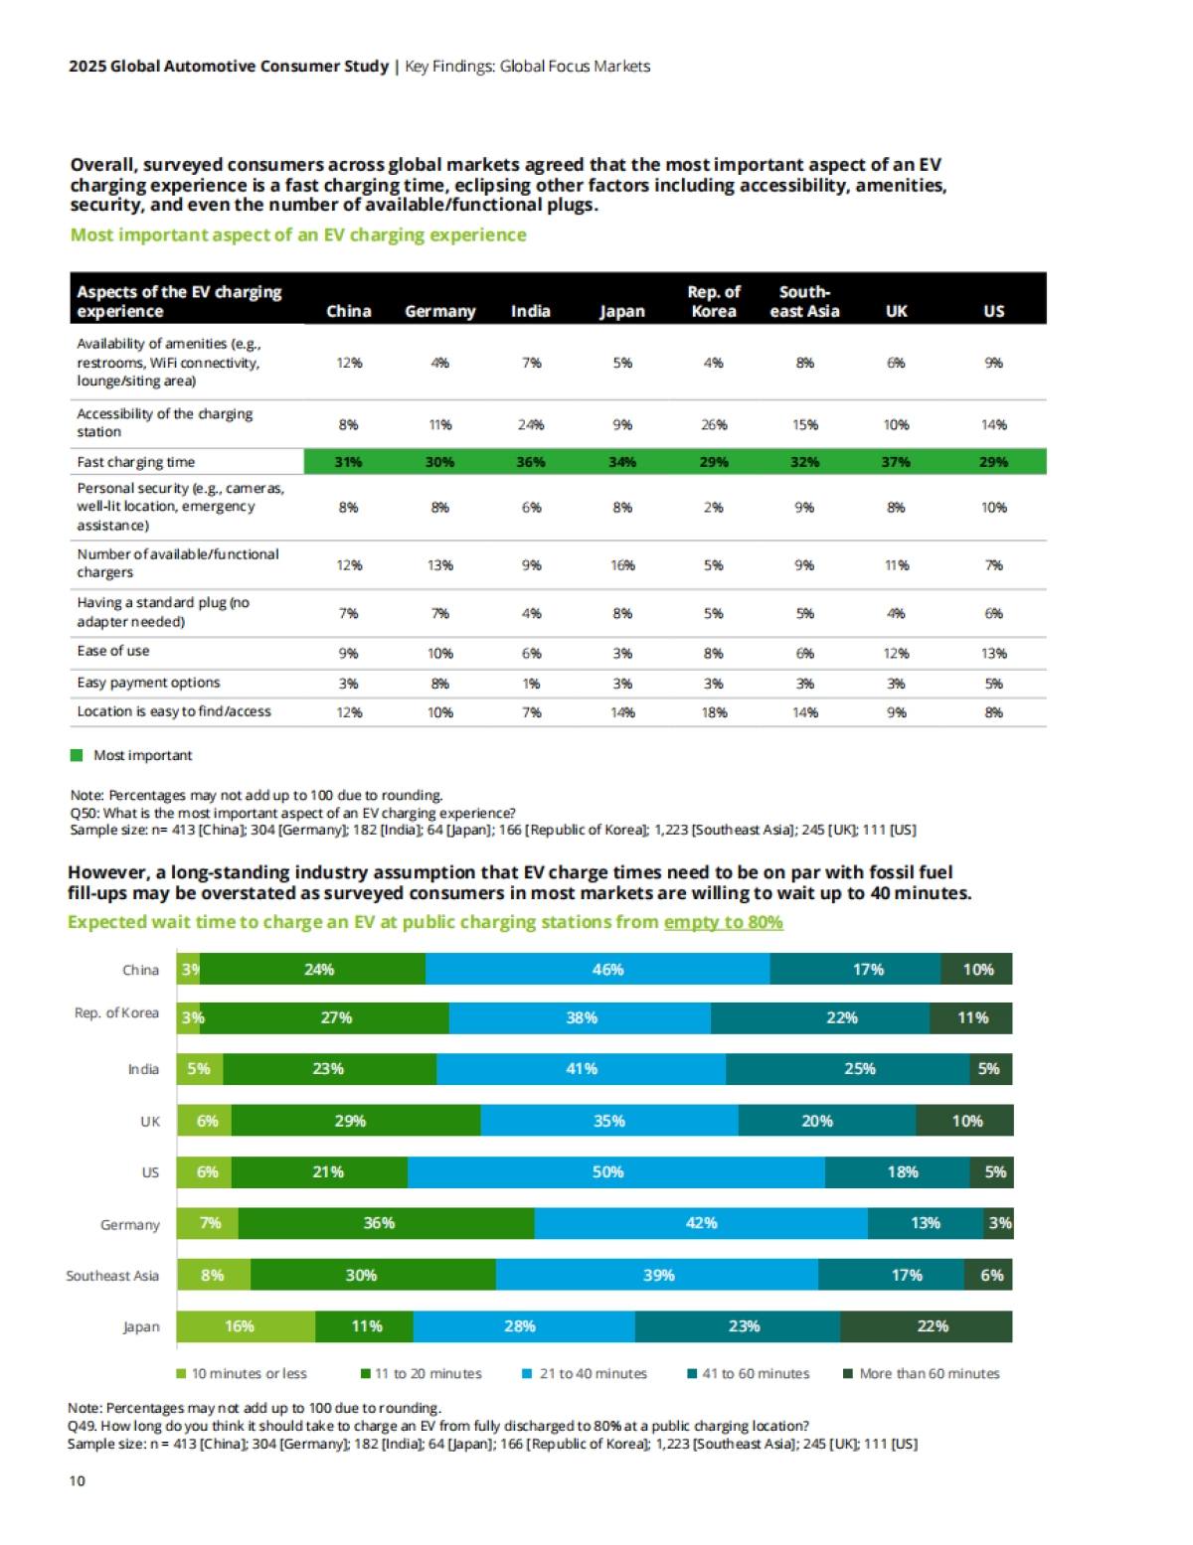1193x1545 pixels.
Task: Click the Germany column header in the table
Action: (439, 311)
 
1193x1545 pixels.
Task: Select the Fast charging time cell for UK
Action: (896, 462)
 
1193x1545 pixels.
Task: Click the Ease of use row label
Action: (113, 651)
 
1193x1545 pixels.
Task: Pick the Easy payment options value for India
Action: (531, 684)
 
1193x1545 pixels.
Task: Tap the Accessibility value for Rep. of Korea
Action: (714, 424)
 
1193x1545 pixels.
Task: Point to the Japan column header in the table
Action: (622, 311)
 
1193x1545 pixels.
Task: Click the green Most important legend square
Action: (77, 755)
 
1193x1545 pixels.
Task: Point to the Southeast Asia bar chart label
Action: (112, 1276)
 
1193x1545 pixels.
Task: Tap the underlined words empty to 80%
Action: (723, 922)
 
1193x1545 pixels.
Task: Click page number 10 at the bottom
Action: (77, 1480)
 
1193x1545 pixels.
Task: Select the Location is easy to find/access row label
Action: (174, 711)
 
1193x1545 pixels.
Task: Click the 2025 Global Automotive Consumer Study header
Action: (229, 67)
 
